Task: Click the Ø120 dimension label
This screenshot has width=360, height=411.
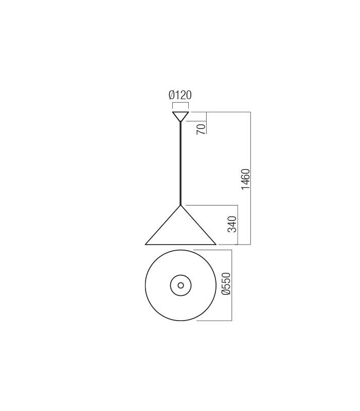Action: point(180,95)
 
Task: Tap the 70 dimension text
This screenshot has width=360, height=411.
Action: point(201,129)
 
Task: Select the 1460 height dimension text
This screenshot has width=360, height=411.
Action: point(246,179)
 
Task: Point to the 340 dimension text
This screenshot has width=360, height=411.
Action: point(232,225)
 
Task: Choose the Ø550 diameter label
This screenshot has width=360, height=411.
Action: point(226,284)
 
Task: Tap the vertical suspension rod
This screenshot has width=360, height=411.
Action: point(181,163)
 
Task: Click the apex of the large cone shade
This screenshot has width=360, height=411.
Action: point(181,205)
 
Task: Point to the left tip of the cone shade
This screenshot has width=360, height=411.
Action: point(146,245)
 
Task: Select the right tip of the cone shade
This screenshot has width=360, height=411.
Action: point(216,245)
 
